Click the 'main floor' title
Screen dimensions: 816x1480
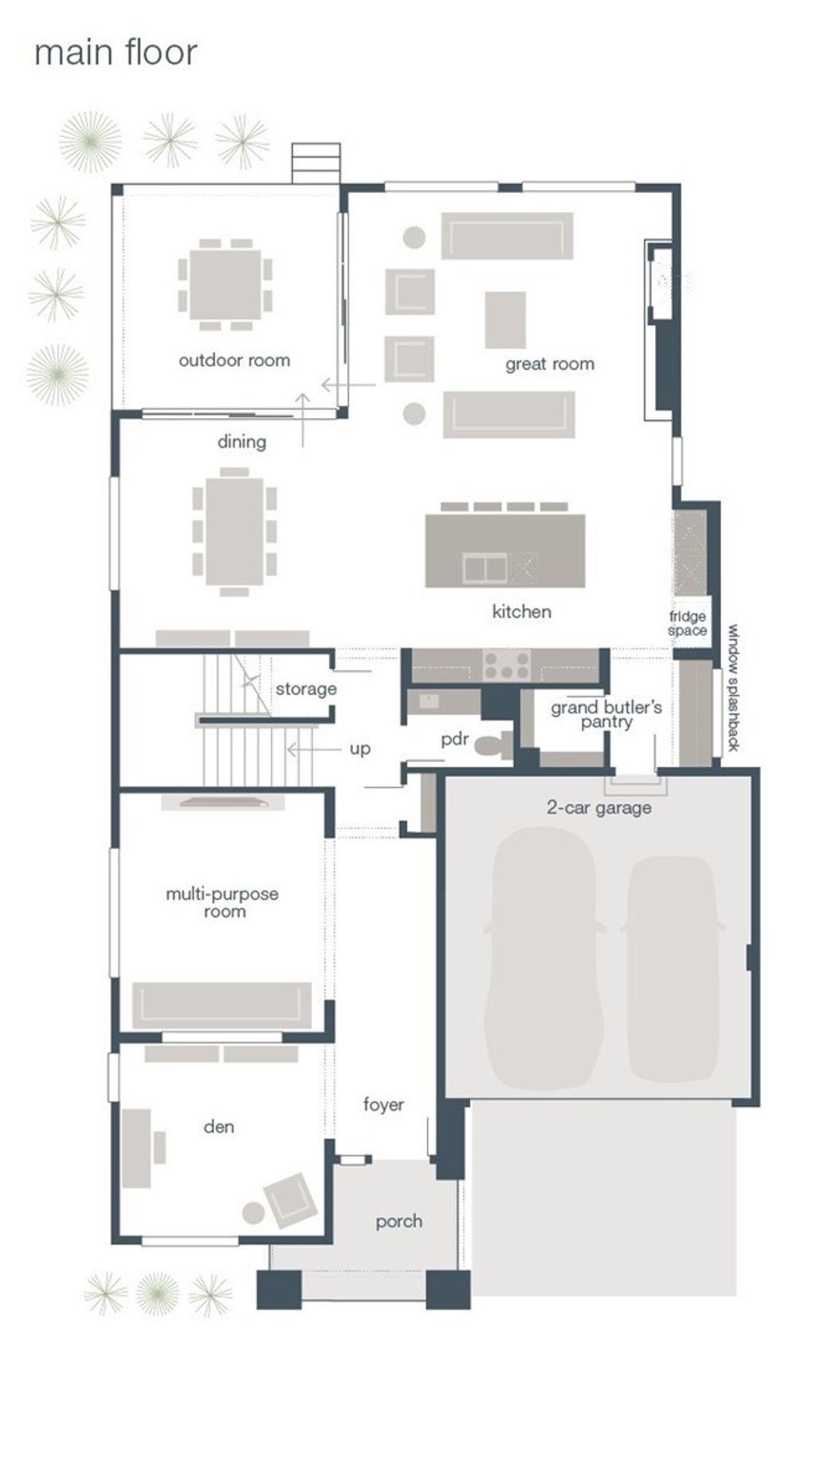(x=116, y=53)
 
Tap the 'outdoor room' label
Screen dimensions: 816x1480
(x=234, y=360)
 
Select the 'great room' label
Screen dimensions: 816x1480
(x=550, y=364)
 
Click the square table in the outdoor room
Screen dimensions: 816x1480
(x=226, y=285)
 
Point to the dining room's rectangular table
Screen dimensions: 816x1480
(x=234, y=531)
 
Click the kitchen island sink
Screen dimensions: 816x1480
(x=484, y=567)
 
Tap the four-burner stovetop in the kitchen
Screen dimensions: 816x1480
(x=508, y=665)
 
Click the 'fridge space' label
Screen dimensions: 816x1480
(x=688, y=623)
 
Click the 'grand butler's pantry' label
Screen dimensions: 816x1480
(x=606, y=714)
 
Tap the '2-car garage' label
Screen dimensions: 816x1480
(x=599, y=807)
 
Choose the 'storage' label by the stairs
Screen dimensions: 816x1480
(x=306, y=689)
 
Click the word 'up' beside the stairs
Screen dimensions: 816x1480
(x=360, y=749)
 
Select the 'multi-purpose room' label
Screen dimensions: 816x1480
(x=222, y=902)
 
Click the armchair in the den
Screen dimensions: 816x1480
(x=286, y=1199)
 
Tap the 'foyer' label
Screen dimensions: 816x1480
(x=383, y=1105)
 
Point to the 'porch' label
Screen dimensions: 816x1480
(x=399, y=1221)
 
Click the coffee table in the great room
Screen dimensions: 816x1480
(x=505, y=320)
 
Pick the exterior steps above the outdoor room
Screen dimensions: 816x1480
(x=316, y=163)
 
